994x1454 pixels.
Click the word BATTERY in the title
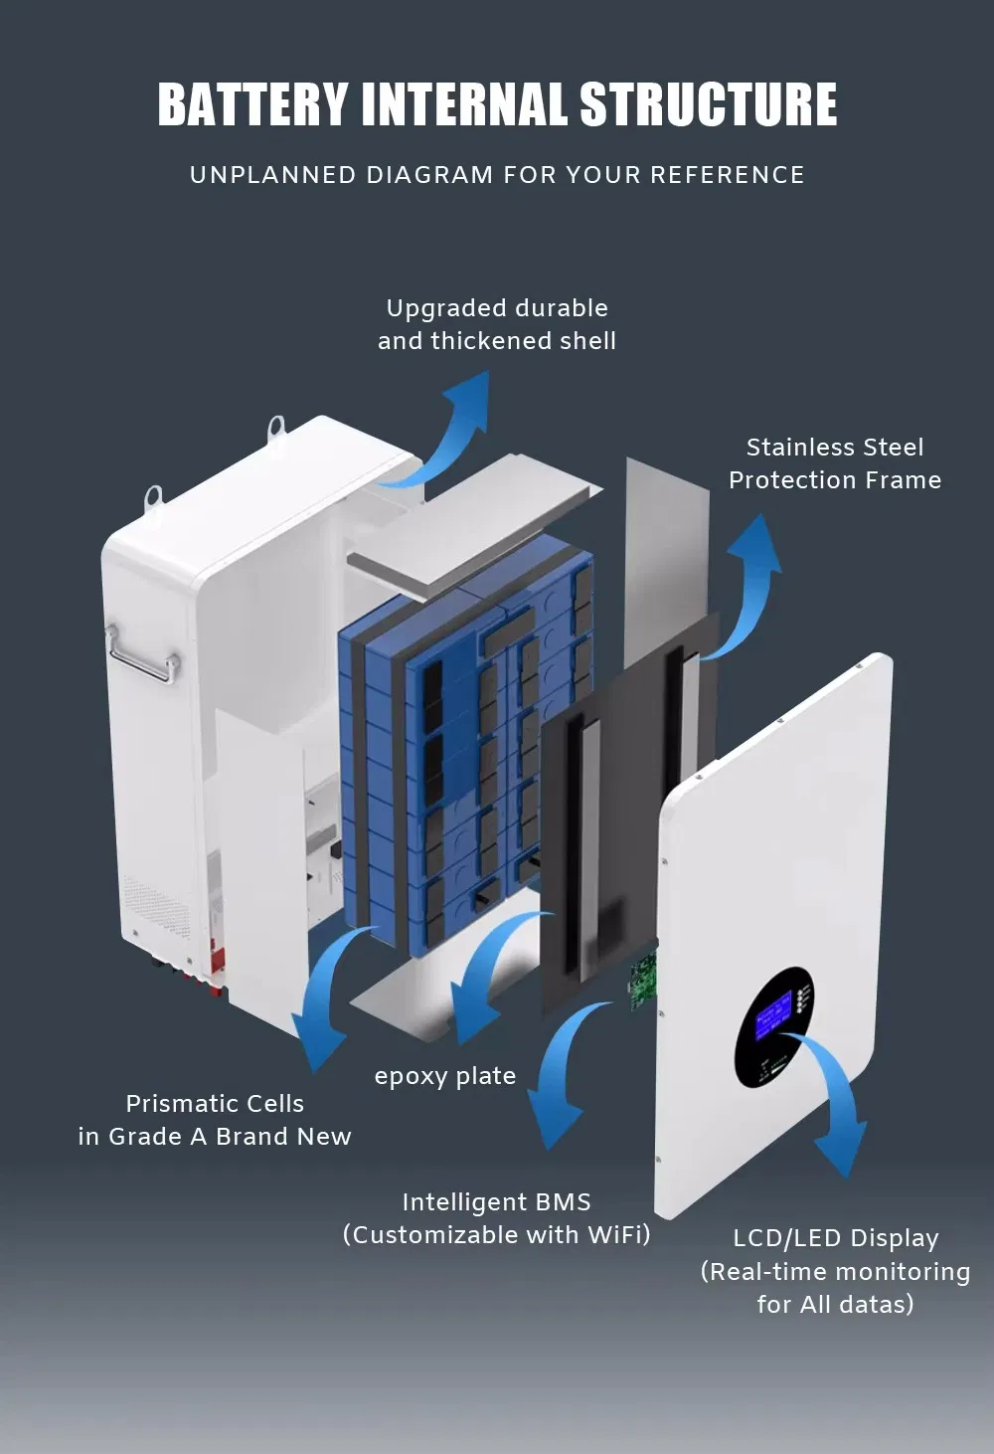click(x=252, y=104)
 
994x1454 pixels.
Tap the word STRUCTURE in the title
click(x=708, y=104)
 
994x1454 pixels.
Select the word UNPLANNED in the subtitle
click(x=272, y=175)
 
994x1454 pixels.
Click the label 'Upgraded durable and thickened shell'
click(x=497, y=324)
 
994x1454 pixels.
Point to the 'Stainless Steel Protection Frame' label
click(x=834, y=463)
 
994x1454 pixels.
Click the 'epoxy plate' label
click(x=444, y=1076)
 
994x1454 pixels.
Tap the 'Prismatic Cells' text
click(x=215, y=1104)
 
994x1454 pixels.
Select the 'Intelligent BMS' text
click(x=496, y=1202)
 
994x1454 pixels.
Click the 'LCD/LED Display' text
click(x=835, y=1238)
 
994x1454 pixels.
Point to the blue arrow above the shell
click(x=452, y=428)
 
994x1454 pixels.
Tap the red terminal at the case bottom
click(x=216, y=970)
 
